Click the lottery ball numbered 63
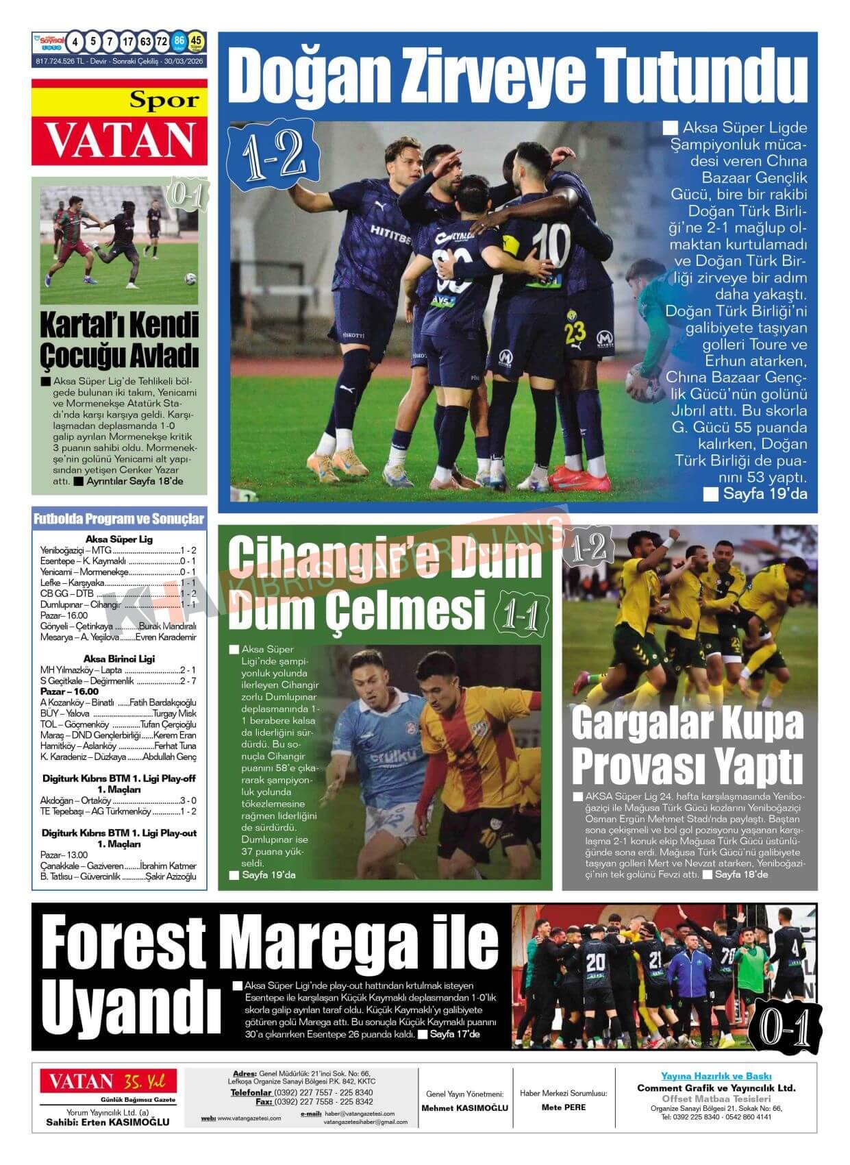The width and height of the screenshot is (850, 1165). coord(145,42)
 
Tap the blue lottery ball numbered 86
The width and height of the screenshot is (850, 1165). coord(179,42)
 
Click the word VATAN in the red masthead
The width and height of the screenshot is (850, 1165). coord(119,139)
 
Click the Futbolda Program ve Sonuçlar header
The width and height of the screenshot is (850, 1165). coord(119,519)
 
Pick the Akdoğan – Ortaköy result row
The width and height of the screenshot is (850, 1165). coord(118,800)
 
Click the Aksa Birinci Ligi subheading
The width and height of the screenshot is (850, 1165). coord(118,659)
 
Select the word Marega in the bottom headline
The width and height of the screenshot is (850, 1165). coord(319,943)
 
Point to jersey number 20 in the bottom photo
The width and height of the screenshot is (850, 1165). coord(595,963)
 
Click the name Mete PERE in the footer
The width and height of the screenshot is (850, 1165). coord(563,1107)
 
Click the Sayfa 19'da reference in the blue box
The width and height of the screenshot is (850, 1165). coord(756,493)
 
